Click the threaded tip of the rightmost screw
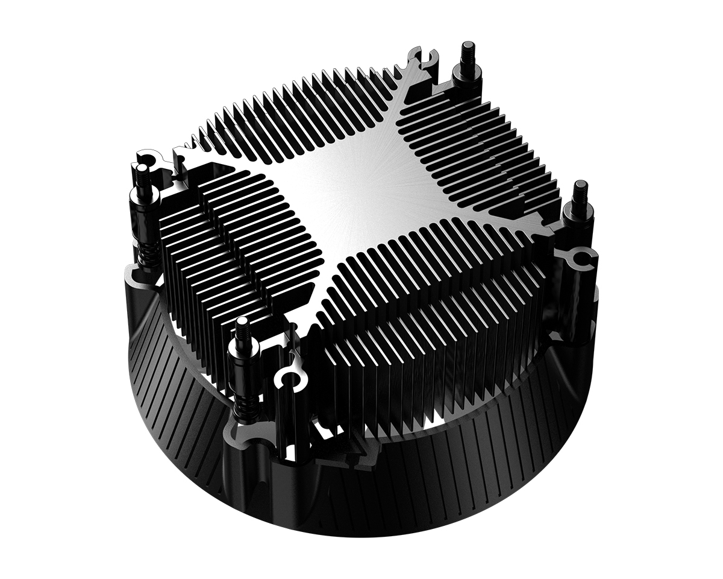point(581,192)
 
